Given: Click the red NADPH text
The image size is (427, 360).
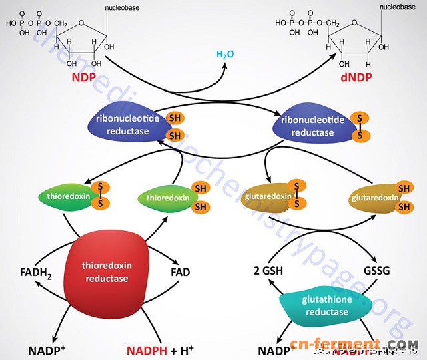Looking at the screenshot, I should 147,349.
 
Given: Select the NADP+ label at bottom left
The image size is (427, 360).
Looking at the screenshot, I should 46,349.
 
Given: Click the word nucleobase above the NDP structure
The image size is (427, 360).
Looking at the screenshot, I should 121,9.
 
